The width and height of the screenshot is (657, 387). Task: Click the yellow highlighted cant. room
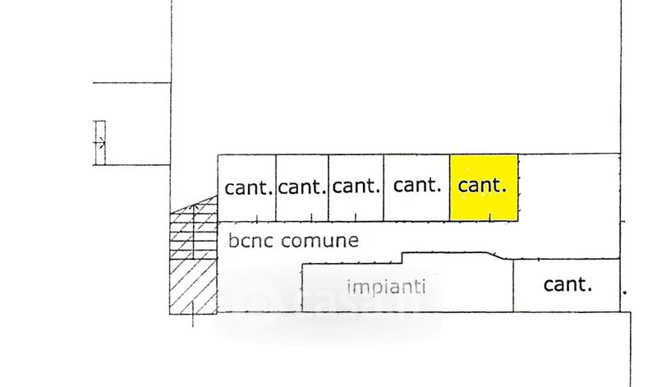tap(484, 187)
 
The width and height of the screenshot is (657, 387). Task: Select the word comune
tap(319, 241)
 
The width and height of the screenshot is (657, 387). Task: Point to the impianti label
tap(386, 287)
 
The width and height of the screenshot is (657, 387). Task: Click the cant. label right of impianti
tap(567, 284)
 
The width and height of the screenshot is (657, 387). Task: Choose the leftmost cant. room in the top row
tap(247, 188)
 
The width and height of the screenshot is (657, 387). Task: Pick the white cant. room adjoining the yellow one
tap(417, 187)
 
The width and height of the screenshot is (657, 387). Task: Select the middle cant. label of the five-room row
tap(356, 187)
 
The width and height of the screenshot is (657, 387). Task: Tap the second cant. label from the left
tap(302, 187)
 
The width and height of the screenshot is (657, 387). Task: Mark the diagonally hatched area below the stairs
tap(194, 287)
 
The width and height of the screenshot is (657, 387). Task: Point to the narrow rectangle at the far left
tap(99, 142)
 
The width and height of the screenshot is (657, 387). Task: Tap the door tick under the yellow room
tap(490, 217)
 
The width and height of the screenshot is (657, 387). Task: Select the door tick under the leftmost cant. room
tap(257, 218)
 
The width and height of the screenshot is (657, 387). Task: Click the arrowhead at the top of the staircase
tap(194, 207)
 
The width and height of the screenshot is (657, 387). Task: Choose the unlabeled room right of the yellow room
tap(569, 187)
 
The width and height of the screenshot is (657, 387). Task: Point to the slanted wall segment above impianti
tap(496, 256)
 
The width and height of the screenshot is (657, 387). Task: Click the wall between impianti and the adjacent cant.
tap(513, 286)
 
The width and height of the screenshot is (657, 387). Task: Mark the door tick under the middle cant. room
tap(356, 217)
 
